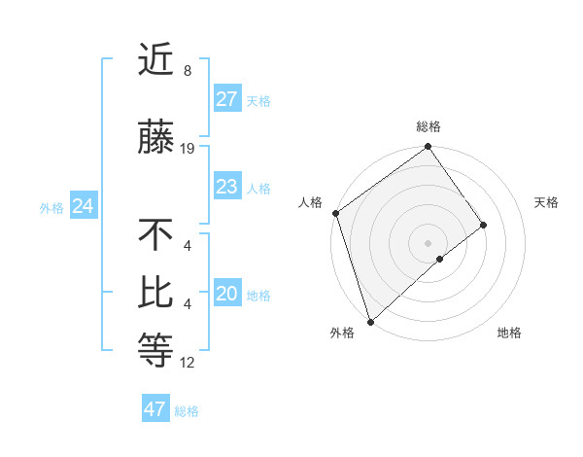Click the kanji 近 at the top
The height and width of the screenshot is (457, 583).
click(155, 62)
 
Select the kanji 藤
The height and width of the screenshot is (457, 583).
click(155, 139)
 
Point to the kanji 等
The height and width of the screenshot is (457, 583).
click(155, 351)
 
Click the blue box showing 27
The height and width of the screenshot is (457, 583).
click(227, 99)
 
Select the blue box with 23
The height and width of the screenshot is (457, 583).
click(227, 187)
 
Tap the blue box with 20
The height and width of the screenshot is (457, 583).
click(227, 294)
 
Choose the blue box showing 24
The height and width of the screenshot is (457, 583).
click(84, 206)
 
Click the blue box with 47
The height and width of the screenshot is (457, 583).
click(155, 409)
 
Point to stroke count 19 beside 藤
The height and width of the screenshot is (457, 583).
click(188, 149)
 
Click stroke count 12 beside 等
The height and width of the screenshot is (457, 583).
click(188, 363)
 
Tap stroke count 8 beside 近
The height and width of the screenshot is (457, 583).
click(187, 71)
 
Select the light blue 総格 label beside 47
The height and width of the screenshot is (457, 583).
click(187, 411)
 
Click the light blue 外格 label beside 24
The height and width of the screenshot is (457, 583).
click(51, 207)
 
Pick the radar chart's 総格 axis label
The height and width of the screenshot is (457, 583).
click(429, 126)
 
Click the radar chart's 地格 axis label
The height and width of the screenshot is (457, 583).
click(509, 334)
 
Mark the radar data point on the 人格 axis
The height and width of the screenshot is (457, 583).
click(335, 213)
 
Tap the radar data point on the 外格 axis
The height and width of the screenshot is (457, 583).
click(370, 320)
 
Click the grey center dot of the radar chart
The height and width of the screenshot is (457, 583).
click(428, 241)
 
